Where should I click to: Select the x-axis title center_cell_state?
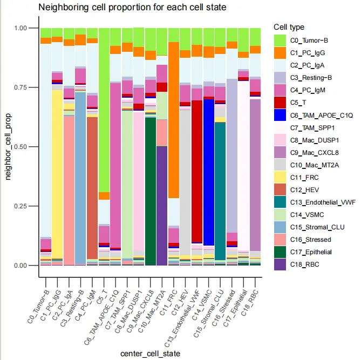point(151,354)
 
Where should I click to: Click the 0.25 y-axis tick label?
point(24,206)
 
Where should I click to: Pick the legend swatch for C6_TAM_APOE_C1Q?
point(280,115)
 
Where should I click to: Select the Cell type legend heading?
point(289,27)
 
